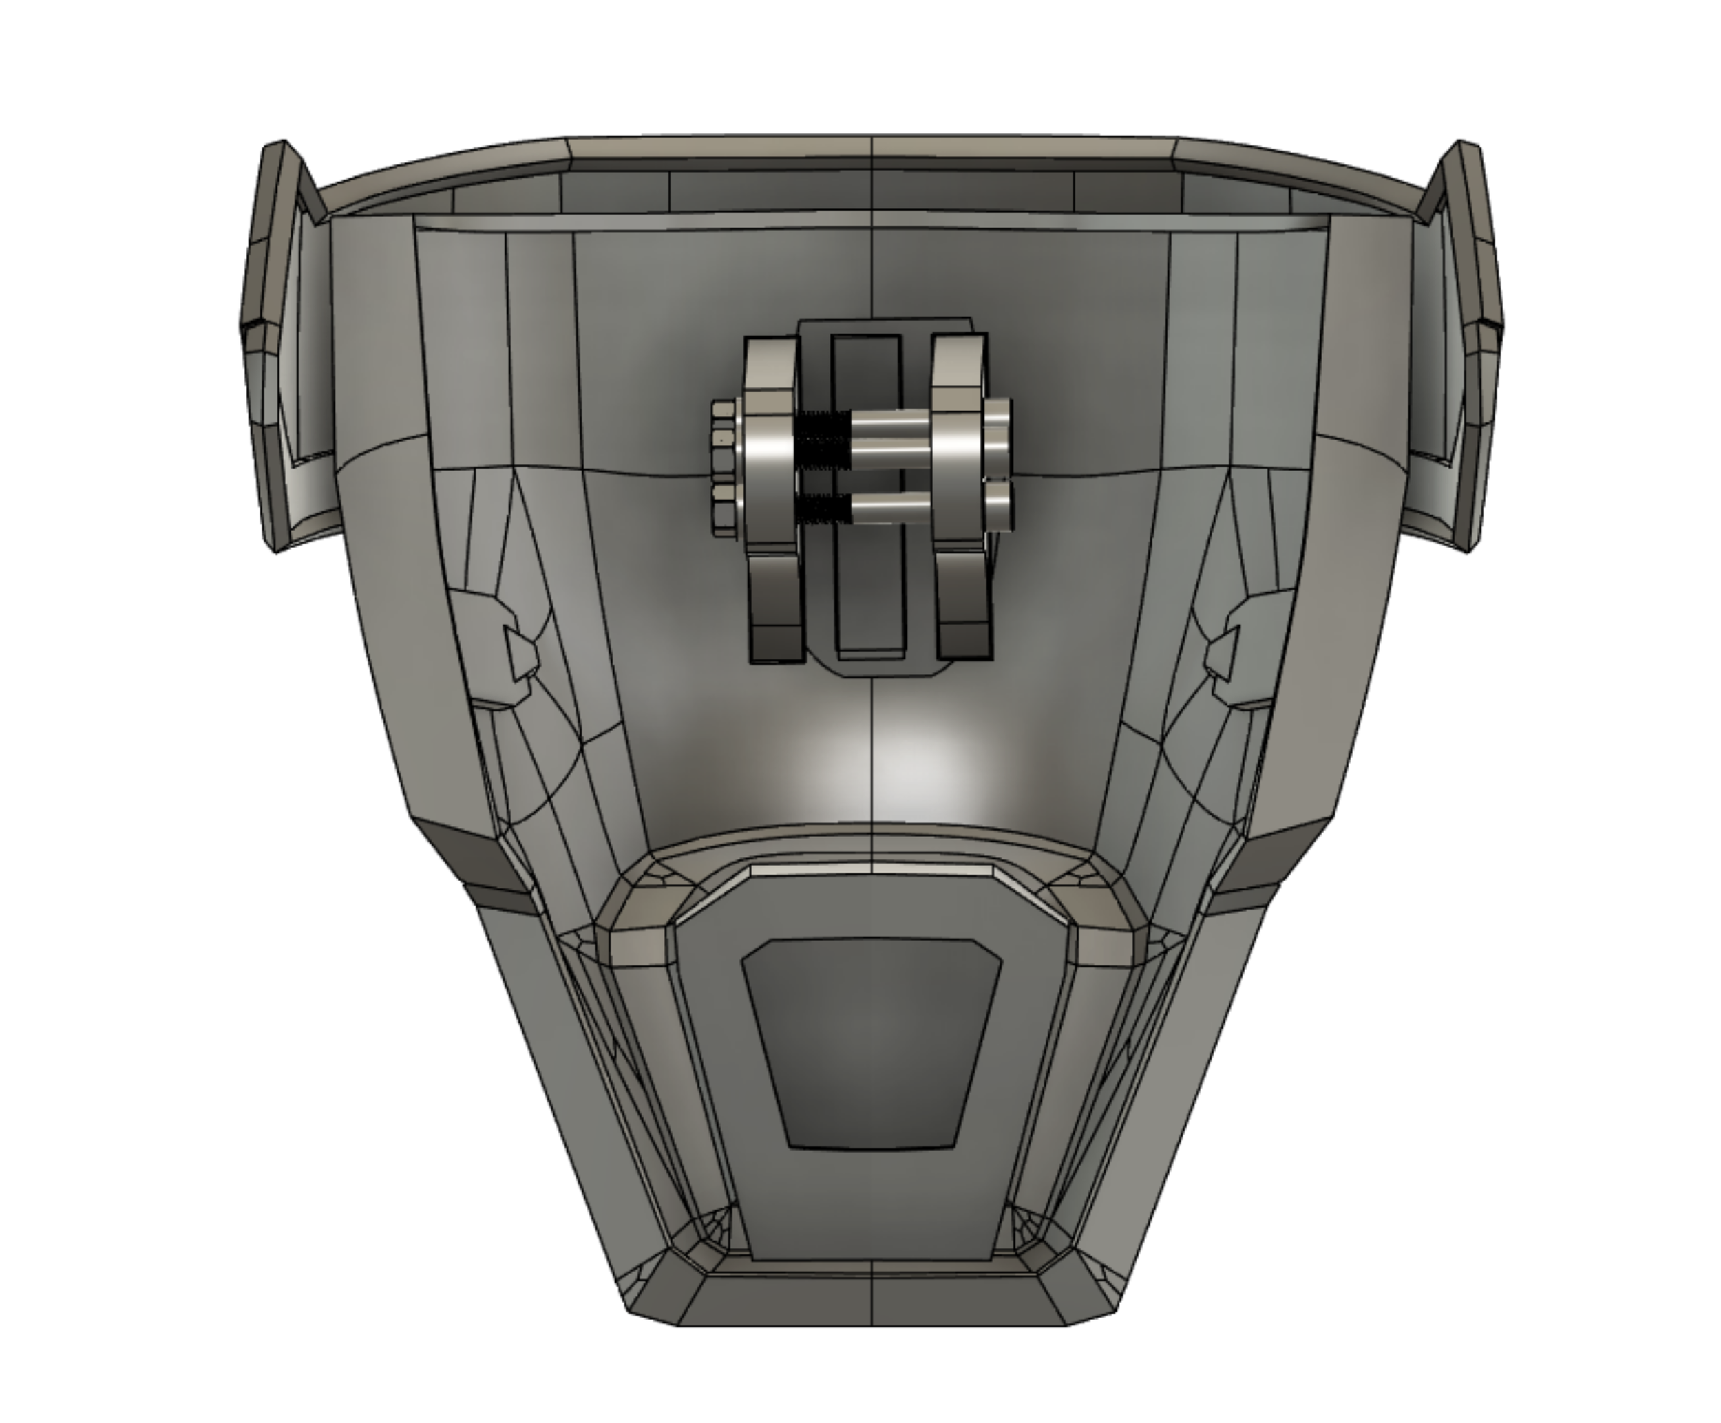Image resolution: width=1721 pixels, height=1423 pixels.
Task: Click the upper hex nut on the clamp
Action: (x=723, y=438)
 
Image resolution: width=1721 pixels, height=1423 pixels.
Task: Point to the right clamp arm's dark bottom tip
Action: (x=964, y=641)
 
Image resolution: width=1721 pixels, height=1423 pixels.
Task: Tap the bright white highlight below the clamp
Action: (x=877, y=766)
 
